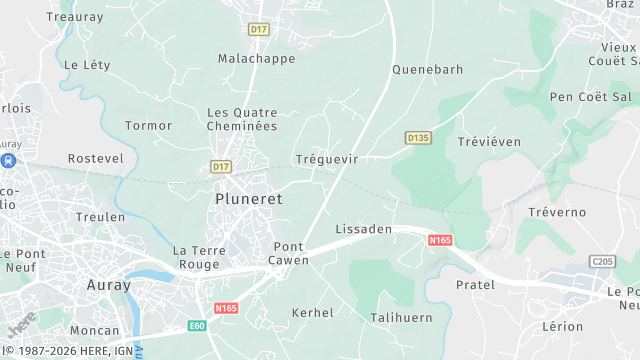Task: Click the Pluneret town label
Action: pyautogui.click(x=249, y=199)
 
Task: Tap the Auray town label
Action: pyautogui.click(x=109, y=285)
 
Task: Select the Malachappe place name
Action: pyautogui.click(x=257, y=59)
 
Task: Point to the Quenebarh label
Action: pyautogui.click(x=427, y=70)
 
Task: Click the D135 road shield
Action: pyautogui.click(x=417, y=137)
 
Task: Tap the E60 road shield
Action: pyautogui.click(x=197, y=325)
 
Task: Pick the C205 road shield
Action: pyautogui.click(x=601, y=261)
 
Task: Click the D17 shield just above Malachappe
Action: pyautogui.click(x=259, y=30)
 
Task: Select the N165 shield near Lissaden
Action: pyautogui.click(x=440, y=240)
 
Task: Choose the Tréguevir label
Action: pyautogui.click(x=327, y=159)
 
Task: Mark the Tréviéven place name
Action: pyautogui.click(x=489, y=142)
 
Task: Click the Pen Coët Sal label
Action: pyautogui.click(x=591, y=97)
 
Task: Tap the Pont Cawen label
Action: pyautogui.click(x=289, y=253)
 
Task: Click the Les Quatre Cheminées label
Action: pyautogui.click(x=241, y=119)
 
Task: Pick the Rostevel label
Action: pyautogui.click(x=95, y=159)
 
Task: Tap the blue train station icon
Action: pyautogui.click(x=8, y=160)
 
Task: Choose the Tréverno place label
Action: pyautogui.click(x=557, y=213)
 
